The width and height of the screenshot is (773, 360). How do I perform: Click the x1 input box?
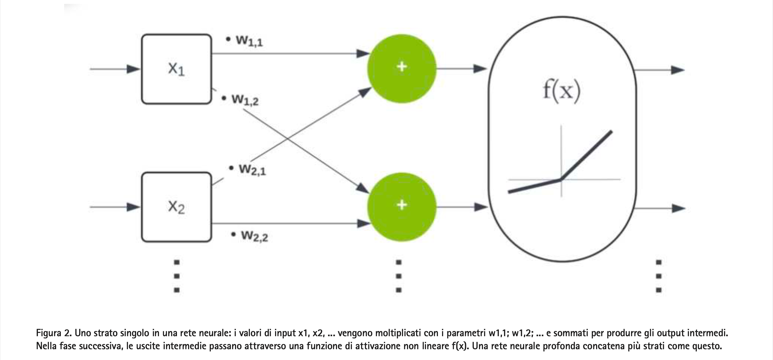pyautogui.click(x=176, y=69)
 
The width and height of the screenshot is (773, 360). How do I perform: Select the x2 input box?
pyautogui.click(x=176, y=207)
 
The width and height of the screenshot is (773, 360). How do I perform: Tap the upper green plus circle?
pyautogui.click(x=401, y=68)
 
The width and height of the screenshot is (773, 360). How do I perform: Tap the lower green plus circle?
pyautogui.click(x=401, y=207)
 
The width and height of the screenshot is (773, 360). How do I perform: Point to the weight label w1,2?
pyautogui.click(x=245, y=99)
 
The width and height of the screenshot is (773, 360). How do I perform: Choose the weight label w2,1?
pyautogui.click(x=252, y=170)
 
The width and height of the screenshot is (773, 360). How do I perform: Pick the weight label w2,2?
pyautogui.click(x=254, y=236)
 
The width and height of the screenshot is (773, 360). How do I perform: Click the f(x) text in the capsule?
pyautogui.click(x=562, y=90)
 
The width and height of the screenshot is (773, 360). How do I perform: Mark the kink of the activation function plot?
pyautogui.click(x=561, y=180)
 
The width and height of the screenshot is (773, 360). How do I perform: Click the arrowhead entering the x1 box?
pyautogui.click(x=133, y=69)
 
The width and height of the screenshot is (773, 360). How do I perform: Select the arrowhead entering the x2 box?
pyautogui.click(x=133, y=207)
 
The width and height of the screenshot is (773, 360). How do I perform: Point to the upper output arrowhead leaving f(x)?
pyautogui.click(x=678, y=70)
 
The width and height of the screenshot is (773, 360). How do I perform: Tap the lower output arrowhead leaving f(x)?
pyautogui.click(x=678, y=208)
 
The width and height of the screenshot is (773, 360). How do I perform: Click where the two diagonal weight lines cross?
pyautogui.click(x=288, y=139)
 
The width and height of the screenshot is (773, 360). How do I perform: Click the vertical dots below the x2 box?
pyautogui.click(x=177, y=276)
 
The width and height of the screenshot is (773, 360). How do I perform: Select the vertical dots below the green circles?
pyautogui.click(x=398, y=276)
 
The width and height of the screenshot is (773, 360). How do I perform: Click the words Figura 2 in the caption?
pyautogui.click(x=53, y=333)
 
